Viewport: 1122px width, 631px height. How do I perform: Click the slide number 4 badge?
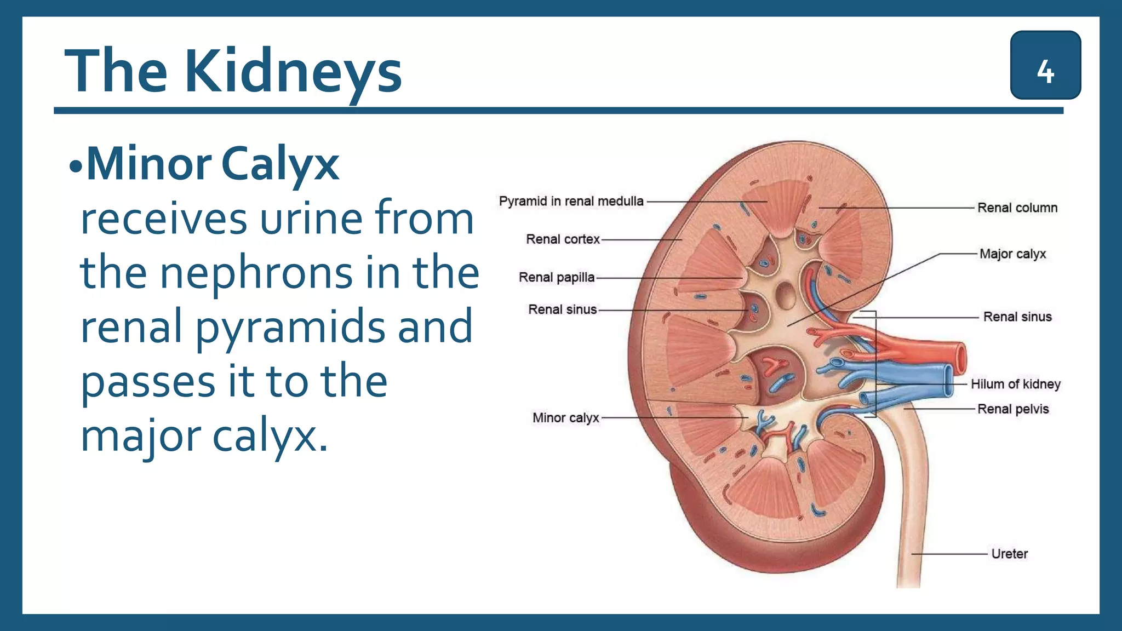1045,65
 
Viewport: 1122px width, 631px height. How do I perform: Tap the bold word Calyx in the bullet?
280,164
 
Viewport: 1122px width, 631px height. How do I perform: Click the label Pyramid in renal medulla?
571,202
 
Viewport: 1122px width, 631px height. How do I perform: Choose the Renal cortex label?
563,239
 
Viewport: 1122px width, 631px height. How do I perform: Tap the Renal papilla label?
557,278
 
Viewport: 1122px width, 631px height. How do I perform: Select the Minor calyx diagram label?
566,418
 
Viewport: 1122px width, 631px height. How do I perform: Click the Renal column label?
1017,208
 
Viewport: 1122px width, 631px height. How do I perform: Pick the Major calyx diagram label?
1012,254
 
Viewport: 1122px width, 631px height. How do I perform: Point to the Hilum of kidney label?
1015,384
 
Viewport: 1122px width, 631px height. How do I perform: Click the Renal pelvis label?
1013,409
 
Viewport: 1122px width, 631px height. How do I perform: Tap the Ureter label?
1009,554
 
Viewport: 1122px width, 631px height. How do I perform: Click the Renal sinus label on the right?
1017,317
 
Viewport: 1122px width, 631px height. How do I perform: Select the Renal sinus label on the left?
562,309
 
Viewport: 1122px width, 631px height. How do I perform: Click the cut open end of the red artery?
960,357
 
